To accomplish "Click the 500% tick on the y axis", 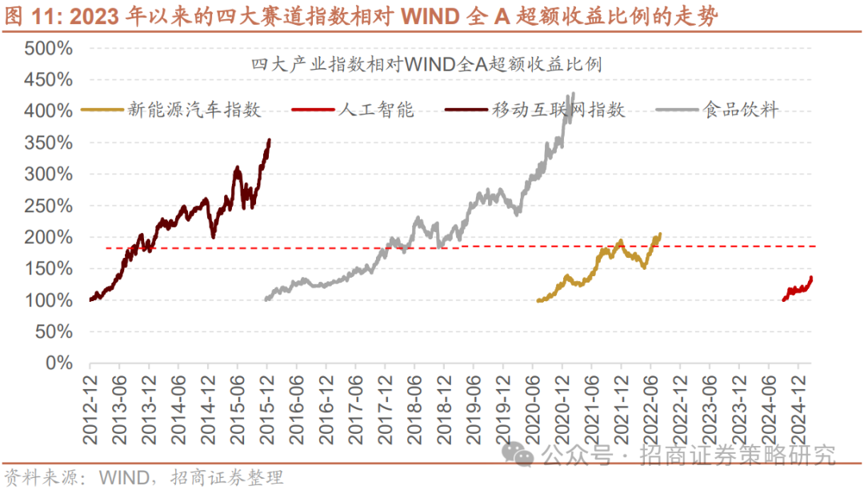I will point(49,48).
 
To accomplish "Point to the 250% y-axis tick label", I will point(49,206).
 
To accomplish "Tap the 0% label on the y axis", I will point(58,363).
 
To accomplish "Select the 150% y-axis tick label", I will point(49,269).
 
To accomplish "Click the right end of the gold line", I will point(660,234).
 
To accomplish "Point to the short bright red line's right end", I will point(811,278).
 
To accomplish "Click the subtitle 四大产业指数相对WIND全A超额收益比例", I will point(426,65).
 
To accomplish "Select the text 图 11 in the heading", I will point(24,15).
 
